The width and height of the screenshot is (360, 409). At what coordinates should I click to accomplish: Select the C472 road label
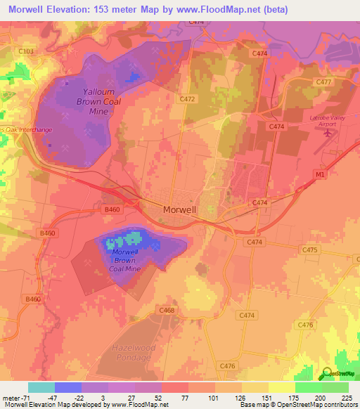click(187, 99)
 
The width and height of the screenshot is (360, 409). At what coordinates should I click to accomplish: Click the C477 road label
click(323, 82)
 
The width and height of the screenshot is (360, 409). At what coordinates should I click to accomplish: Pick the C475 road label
click(308, 249)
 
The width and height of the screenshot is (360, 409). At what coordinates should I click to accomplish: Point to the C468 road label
click(167, 310)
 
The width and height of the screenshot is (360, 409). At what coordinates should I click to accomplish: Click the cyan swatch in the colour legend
click(41, 387)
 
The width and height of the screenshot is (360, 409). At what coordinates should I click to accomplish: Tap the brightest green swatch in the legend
click(308, 387)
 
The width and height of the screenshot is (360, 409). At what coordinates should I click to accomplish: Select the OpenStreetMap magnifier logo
click(327, 374)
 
